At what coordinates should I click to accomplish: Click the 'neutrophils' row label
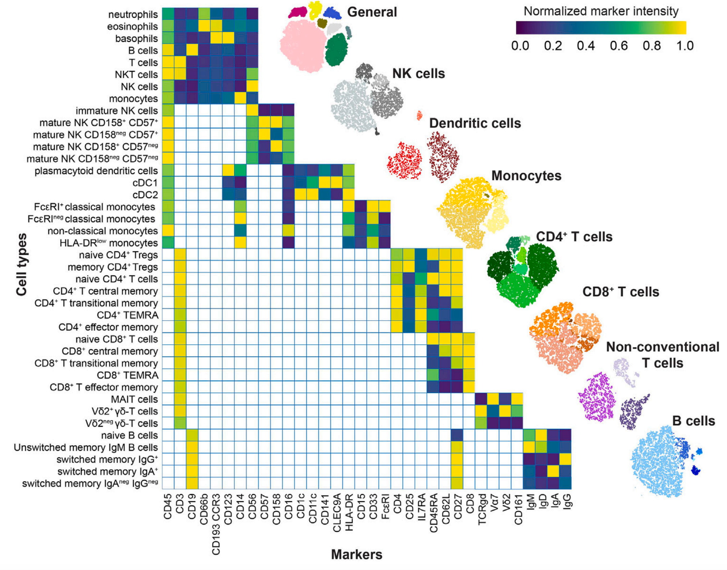[x=133, y=14]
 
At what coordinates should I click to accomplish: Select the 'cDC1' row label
[x=145, y=183]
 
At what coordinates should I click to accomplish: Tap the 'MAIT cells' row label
[x=134, y=399]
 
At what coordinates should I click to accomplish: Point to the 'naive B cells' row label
[x=129, y=435]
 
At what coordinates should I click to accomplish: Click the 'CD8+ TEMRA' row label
[x=128, y=375]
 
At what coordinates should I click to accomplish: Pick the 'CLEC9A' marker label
[x=337, y=513]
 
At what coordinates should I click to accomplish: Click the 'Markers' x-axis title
[x=356, y=555]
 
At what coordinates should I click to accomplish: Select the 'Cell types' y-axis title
[x=22, y=264]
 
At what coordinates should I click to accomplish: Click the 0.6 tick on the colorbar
[x=619, y=46]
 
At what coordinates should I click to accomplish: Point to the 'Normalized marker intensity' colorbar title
[x=601, y=11]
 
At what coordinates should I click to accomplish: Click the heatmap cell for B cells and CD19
[x=192, y=50]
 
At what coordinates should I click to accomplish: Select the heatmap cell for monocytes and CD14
[x=240, y=98]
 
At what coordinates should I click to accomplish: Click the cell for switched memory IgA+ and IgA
[x=554, y=471]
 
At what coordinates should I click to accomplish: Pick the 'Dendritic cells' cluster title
[x=475, y=123]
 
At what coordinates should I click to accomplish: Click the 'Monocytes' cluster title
[x=526, y=176]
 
